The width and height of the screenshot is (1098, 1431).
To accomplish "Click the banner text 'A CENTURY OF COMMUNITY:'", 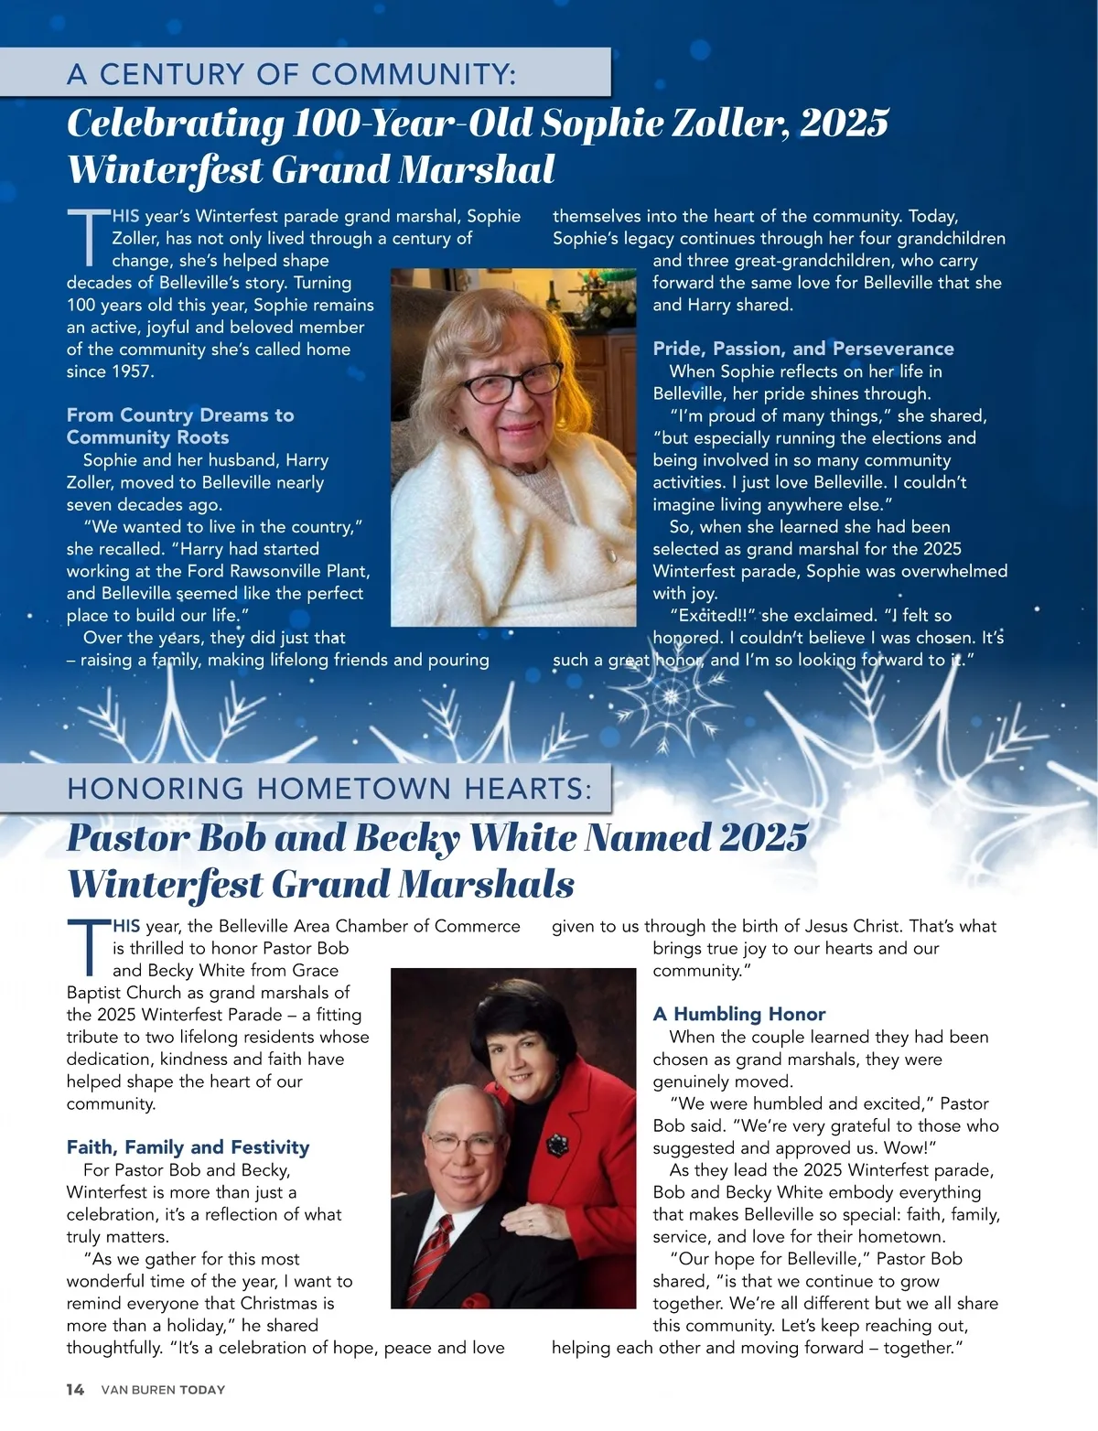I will [x=291, y=73].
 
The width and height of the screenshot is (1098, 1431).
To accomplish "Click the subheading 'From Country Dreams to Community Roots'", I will [x=180, y=426].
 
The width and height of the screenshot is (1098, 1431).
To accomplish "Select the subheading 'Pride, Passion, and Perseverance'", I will [x=802, y=349].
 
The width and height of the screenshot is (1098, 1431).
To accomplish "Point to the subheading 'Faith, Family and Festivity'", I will [x=188, y=1147].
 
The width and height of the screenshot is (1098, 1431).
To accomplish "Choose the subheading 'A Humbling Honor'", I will [x=738, y=1014].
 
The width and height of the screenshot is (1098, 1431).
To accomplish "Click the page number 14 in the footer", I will [x=75, y=1390].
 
